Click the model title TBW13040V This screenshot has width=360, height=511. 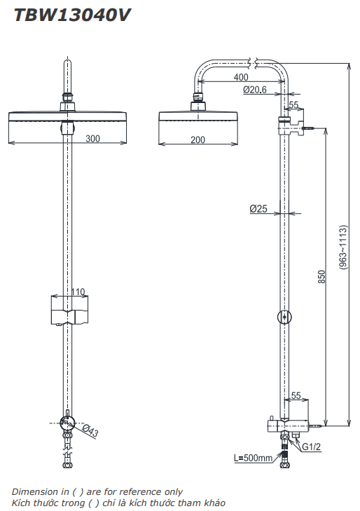tap(72, 15)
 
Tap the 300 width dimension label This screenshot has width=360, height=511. tap(92, 139)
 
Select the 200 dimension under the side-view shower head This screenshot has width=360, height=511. tap(198, 139)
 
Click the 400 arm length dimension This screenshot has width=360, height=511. tap(241, 77)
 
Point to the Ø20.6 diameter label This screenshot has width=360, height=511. tap(255, 89)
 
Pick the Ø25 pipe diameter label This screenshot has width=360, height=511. tap(258, 209)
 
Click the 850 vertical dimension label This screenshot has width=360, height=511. tap(321, 277)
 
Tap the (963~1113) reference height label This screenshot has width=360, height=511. tap(342, 247)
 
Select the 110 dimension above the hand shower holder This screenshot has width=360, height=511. tap(78, 292)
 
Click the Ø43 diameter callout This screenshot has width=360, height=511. tap(90, 431)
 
